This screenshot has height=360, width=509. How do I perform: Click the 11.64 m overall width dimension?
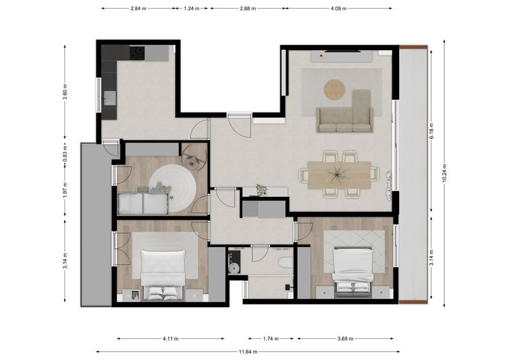tap(248, 352)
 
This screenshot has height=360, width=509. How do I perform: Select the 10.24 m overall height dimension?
tap(445, 173)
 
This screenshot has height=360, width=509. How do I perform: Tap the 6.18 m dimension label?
tap(432, 131)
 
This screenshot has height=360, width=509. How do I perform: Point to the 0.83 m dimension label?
tap(65, 154)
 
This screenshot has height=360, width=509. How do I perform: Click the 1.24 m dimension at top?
tap(191, 8)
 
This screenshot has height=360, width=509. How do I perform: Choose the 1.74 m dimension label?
tap(271, 338)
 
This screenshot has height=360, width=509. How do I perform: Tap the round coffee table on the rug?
tap(335, 90)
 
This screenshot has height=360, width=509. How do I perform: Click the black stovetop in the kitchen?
tap(137, 52)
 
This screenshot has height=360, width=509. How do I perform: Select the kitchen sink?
tap(110, 98)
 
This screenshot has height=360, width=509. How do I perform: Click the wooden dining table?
tap(339, 175)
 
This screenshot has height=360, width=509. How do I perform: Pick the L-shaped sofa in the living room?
tap(345, 111)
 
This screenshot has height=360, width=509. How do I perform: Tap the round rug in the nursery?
tap(172, 188)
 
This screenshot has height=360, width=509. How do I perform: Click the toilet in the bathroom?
tap(286, 262)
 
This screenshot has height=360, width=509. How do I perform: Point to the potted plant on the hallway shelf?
tap(262, 190)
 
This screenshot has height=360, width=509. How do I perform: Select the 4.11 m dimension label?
tap(171, 338)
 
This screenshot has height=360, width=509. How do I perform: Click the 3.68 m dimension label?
tap(345, 338)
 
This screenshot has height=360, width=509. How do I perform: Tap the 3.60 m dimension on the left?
tap(65, 92)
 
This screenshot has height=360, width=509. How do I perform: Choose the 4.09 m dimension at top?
tap(339, 8)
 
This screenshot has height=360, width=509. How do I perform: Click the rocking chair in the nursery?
tap(193, 158)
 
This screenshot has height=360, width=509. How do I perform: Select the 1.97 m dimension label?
tap(65, 190)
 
